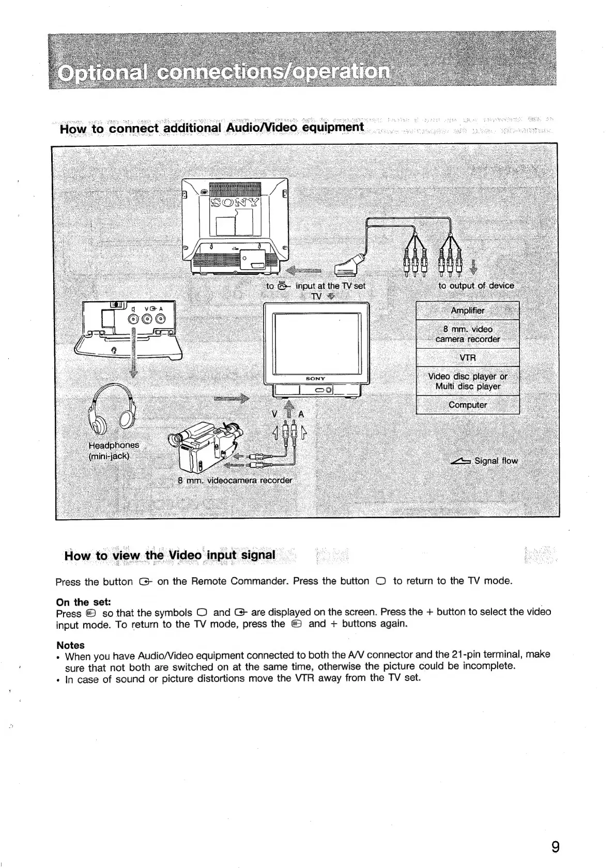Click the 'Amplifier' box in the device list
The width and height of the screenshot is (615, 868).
pos(467,311)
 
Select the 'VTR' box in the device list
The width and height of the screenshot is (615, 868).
pos(467,358)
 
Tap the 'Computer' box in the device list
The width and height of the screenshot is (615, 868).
pos(467,405)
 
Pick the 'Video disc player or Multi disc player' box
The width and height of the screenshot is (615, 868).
pos(467,381)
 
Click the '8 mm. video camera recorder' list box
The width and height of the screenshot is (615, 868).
pos(467,334)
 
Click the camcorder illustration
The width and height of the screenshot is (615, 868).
pos(207,445)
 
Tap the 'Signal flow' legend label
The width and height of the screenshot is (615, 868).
pos(495,461)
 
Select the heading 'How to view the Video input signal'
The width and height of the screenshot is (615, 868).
pos(170,555)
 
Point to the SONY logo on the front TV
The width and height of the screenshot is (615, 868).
pos(315,379)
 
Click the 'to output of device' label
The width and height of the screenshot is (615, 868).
pos(476,286)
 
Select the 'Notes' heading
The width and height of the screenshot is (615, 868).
pos(70,645)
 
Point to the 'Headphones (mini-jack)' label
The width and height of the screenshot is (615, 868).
pos(113,451)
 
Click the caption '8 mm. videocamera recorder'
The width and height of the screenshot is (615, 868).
pos(235,480)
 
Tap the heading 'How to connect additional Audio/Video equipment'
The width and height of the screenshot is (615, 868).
pos(212,128)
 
